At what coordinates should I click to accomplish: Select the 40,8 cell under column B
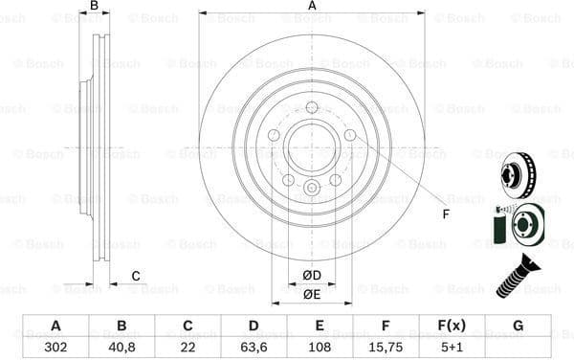tap(122, 348)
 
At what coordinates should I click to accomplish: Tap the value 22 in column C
tap(188, 348)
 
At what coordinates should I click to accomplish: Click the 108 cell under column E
tap(320, 348)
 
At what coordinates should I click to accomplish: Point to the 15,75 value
tap(386, 348)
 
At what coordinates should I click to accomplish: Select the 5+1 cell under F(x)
tap(453, 348)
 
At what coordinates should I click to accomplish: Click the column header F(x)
tap(453, 326)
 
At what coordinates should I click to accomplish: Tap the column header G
tap(519, 326)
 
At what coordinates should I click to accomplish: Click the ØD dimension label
tap(312, 277)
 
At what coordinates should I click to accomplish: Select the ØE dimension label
tap(312, 294)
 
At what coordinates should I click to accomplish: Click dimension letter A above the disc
tap(312, 7)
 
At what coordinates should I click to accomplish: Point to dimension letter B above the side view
tap(94, 7)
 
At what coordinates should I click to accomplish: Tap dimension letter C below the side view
tap(136, 277)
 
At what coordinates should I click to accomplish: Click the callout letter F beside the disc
tap(445, 213)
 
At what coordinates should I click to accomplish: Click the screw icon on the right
tap(517, 277)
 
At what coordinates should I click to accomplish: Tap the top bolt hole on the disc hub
tap(312, 106)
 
